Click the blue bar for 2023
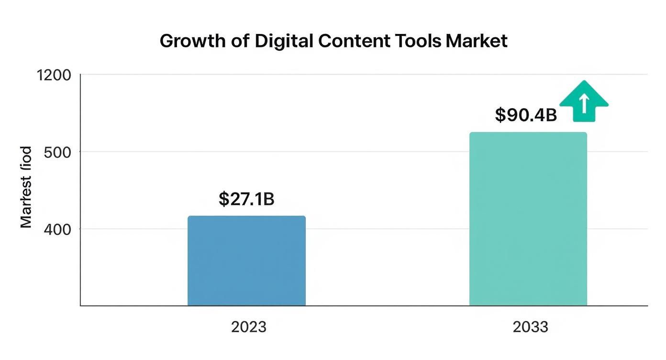pos(246,260)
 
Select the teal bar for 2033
pos(528,219)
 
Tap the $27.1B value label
pos(246,199)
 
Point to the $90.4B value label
pos(525,115)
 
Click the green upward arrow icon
pos(584,101)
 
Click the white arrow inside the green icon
pos(584,103)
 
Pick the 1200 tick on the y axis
pos(54,75)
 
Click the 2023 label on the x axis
pos(249,327)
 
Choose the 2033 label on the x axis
pos(530,327)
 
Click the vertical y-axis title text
pos(26,187)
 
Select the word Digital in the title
pos(284,41)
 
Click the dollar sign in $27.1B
pos(223,199)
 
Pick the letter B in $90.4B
pos(551,115)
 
